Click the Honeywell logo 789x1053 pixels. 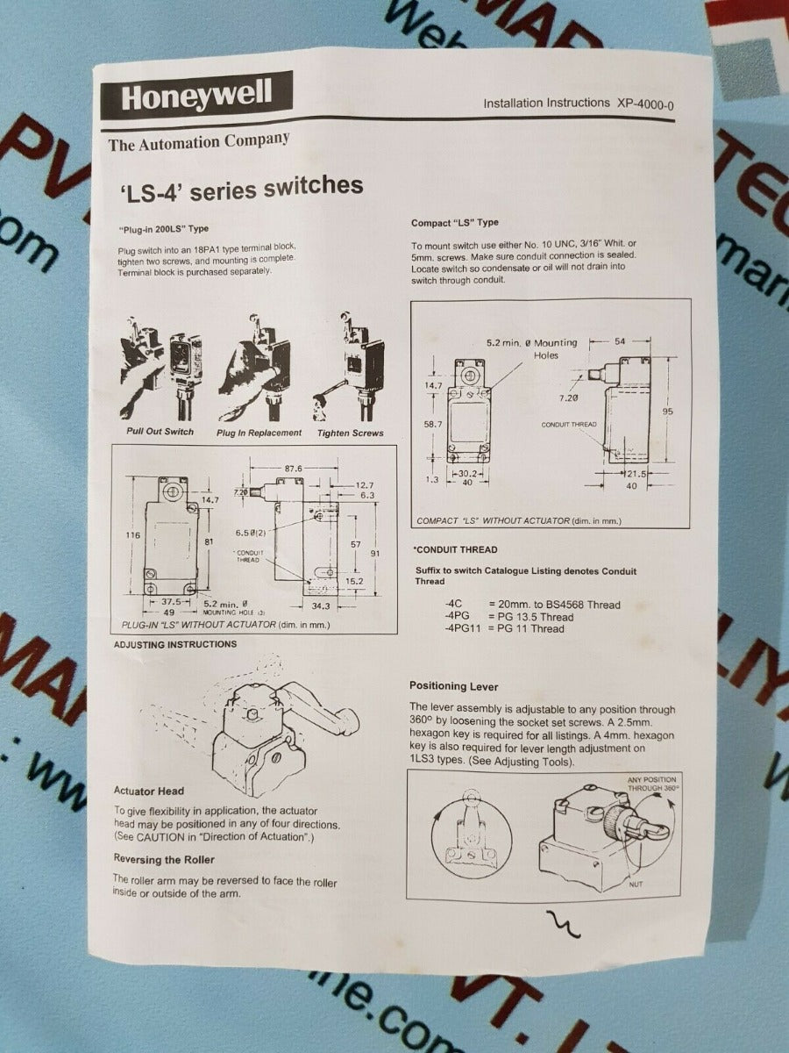[x=195, y=96]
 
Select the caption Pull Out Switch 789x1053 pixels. [x=160, y=432]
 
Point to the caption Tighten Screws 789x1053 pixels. [x=351, y=433]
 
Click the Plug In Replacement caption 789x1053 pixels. [x=259, y=433]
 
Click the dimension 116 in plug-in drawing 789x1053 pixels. [x=133, y=534]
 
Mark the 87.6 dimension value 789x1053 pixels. [x=292, y=469]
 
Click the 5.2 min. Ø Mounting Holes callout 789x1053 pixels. [x=532, y=348]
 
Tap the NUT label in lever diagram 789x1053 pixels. [x=636, y=884]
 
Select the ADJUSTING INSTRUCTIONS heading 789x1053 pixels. [x=175, y=644]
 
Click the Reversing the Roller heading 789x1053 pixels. [x=164, y=860]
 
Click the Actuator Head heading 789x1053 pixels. [x=149, y=792]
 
